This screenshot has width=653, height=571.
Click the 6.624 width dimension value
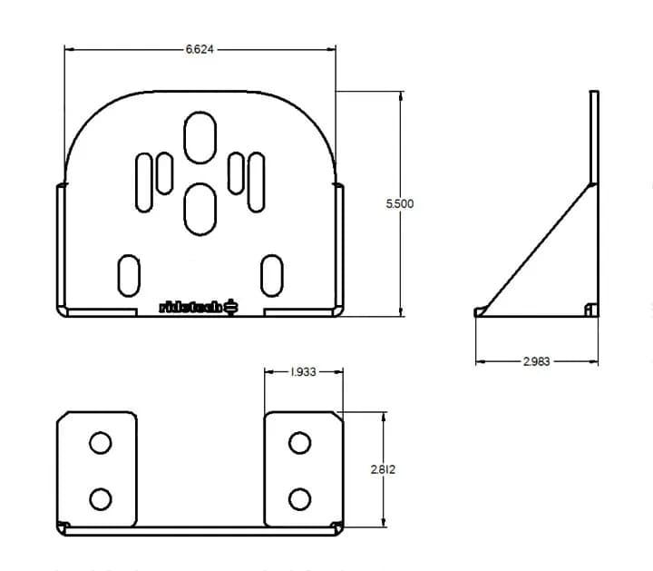[200, 50]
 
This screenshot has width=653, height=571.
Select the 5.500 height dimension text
[400, 204]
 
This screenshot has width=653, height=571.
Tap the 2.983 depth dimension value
[536, 362]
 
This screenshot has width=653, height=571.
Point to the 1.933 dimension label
[303, 372]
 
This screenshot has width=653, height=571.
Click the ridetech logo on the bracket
[199, 307]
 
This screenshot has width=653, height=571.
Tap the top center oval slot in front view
[200, 138]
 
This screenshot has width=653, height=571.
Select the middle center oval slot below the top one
[200, 206]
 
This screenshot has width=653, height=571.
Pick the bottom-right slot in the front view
[271, 276]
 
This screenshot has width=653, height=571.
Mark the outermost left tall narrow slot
[144, 182]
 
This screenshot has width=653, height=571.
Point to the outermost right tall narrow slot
[257, 182]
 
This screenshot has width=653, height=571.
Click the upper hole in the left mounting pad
[100, 443]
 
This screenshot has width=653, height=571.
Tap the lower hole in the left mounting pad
[100, 498]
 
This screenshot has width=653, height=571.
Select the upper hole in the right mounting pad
[298, 443]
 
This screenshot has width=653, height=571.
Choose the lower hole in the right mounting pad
[298, 498]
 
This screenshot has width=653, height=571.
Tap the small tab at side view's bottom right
[590, 310]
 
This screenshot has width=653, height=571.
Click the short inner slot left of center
[164, 173]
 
